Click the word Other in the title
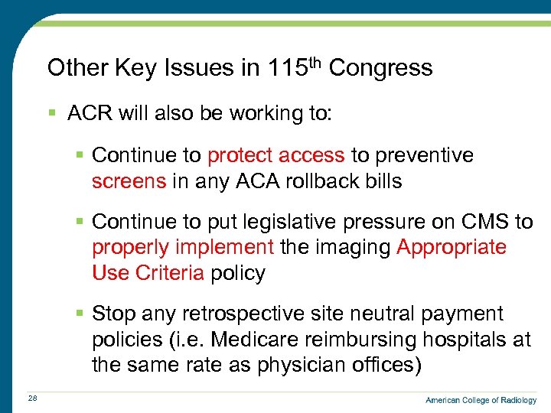point(77,68)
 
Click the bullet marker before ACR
point(52,114)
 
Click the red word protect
point(240,156)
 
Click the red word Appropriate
point(451,247)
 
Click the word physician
point(296,365)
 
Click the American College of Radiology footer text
point(481,400)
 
